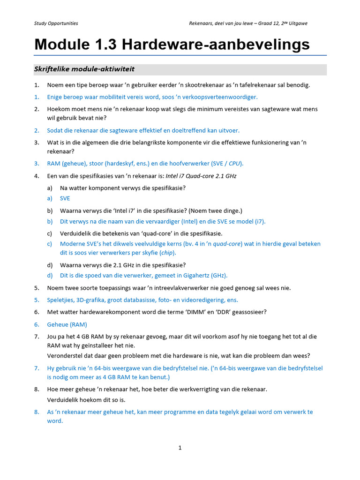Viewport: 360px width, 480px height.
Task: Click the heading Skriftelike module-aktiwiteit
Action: (x=84, y=69)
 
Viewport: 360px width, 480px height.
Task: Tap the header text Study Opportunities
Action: (x=56, y=23)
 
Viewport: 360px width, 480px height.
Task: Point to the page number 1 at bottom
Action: (x=180, y=448)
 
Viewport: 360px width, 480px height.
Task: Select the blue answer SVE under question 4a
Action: (x=65, y=198)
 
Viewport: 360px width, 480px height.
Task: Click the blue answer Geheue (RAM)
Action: (x=67, y=324)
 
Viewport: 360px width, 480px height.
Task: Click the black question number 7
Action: (x=37, y=337)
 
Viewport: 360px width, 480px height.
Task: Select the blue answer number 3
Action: (x=37, y=164)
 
